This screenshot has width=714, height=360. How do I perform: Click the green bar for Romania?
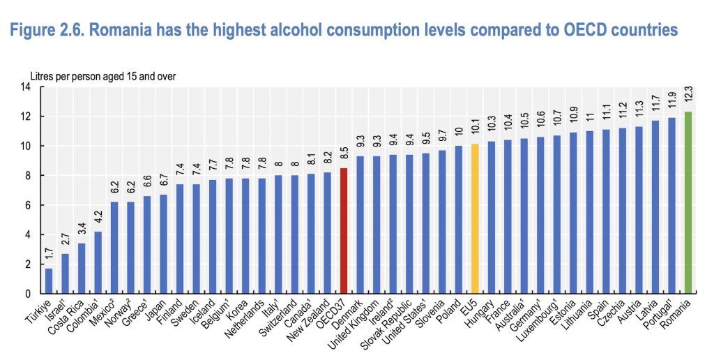[688, 202]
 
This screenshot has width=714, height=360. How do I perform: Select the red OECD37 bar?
[343, 230]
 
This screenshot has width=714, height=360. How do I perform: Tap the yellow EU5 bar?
[475, 219]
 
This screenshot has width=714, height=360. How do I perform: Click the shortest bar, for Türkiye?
[49, 280]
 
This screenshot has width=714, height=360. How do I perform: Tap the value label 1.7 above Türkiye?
[49, 256]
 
